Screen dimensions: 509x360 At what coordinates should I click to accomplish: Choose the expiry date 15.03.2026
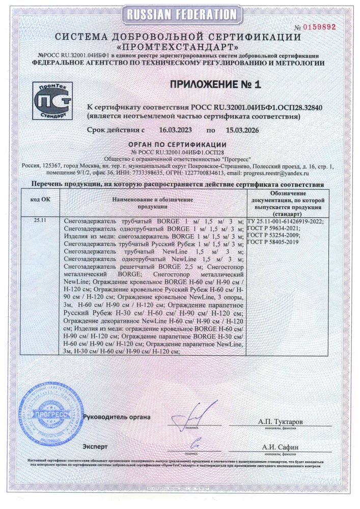[240, 131]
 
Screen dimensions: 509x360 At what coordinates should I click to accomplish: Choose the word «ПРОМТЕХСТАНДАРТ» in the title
[181, 46]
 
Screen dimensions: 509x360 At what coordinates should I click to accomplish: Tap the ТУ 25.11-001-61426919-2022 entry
[285, 221]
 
